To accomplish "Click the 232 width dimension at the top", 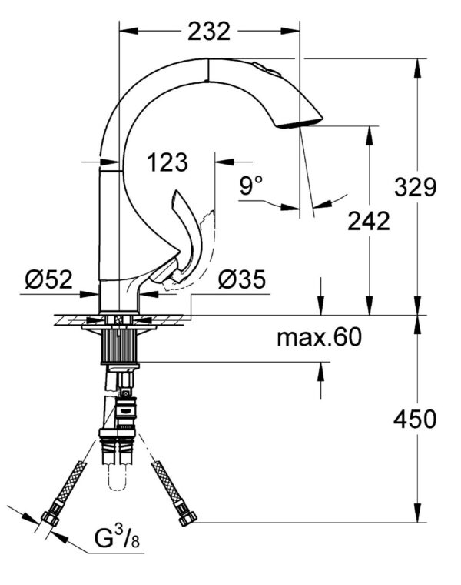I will [208, 31].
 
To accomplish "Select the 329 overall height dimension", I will [416, 186].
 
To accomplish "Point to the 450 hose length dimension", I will [415, 419].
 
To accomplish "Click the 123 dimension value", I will [167, 162].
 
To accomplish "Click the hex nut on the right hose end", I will [186, 517].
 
